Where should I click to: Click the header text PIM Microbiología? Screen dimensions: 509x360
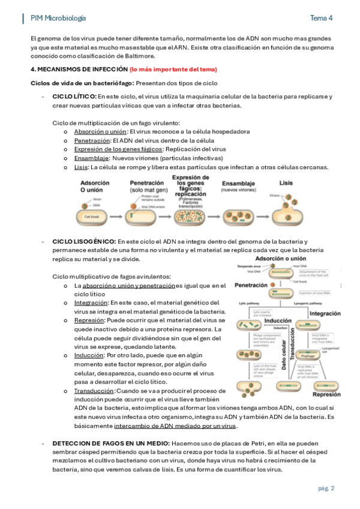58,18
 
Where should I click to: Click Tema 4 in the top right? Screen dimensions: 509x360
321,18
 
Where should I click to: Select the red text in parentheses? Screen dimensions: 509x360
173,70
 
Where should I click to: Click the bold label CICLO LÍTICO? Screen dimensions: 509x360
74,96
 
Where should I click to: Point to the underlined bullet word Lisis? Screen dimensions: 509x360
80,167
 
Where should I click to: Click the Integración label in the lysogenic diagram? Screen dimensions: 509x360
325,313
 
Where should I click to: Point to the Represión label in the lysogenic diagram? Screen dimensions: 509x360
326,394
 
